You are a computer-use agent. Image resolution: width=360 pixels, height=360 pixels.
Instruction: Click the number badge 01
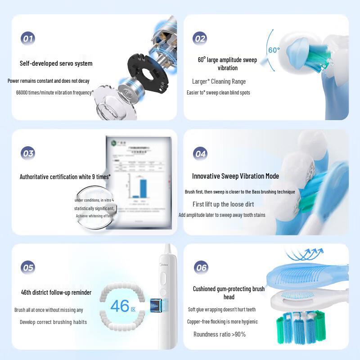tap(28, 38)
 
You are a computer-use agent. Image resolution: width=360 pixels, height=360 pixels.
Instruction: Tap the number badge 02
tap(200, 38)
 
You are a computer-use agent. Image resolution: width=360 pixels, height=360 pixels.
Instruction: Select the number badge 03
tap(28, 153)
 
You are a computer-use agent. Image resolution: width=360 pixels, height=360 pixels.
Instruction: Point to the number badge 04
tap(200, 153)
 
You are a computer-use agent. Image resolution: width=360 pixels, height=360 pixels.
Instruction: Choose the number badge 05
tap(28, 268)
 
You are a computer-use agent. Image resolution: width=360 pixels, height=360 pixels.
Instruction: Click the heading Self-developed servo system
tap(56, 63)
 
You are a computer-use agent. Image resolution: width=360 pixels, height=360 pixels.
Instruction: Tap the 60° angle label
tap(274, 50)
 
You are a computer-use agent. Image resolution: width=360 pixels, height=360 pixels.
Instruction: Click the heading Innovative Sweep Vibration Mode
tap(235, 176)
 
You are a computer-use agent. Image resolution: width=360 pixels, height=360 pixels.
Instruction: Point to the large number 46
tap(120, 306)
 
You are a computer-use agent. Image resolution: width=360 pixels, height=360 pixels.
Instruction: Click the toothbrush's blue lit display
tap(156, 305)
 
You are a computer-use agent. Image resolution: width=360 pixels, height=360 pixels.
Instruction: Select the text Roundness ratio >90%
tap(220, 334)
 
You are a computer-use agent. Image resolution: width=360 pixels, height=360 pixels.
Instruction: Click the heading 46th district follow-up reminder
tap(56, 292)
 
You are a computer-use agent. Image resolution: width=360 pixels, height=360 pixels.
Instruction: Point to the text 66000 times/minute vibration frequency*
tap(55, 92)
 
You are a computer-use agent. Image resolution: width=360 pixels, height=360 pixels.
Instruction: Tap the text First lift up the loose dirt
tap(223, 204)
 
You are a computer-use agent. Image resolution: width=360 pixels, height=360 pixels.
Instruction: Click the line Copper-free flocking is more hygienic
tap(222, 322)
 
